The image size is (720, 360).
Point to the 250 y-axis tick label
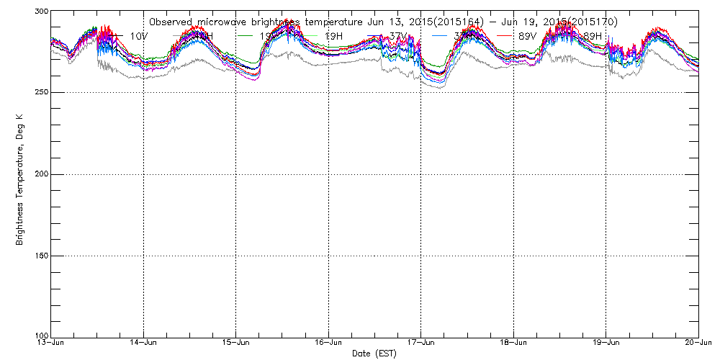[x=40, y=92]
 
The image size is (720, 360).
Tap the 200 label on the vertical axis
[x=40, y=174]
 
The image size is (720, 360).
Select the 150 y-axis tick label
[x=40, y=256]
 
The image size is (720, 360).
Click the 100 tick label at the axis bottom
[x=40, y=336]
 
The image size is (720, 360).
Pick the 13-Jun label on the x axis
[x=51, y=343]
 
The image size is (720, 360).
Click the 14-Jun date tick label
[x=144, y=343]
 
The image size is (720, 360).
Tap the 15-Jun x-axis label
[x=236, y=343]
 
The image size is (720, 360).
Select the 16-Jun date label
[x=329, y=343]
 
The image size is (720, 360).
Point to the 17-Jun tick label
[x=421, y=343]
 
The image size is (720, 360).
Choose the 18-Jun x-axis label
[x=514, y=343]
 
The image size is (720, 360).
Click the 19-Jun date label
[x=606, y=343]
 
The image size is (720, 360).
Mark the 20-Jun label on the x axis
[x=698, y=343]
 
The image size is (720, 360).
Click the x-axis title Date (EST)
[x=374, y=354]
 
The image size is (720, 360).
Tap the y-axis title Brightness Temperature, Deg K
[x=19, y=174]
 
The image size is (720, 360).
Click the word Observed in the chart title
[x=170, y=22]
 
